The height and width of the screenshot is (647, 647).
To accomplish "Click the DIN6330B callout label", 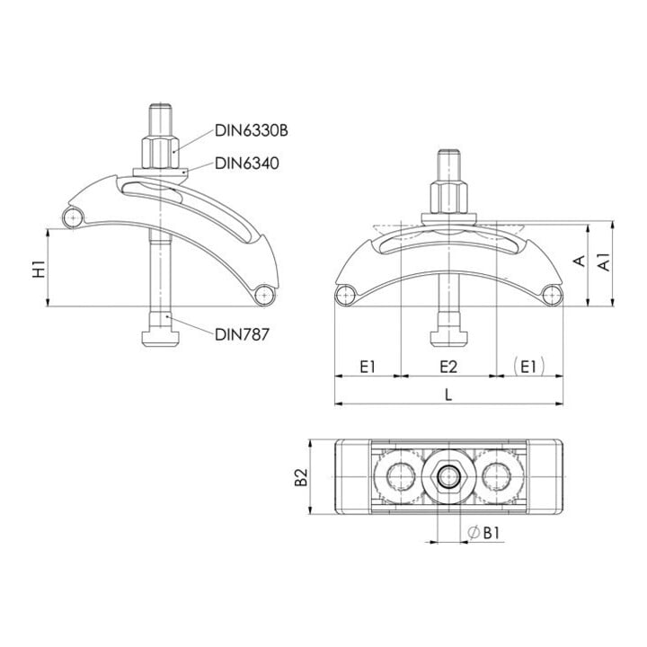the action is click(252, 130).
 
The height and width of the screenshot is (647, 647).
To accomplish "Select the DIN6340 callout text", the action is click(247, 164).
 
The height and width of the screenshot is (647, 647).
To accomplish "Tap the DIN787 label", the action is click(243, 334).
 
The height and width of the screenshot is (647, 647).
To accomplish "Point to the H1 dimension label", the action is click(40, 269).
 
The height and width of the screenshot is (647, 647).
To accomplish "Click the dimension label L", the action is click(448, 394).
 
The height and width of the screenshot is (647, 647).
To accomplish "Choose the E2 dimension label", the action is click(448, 367).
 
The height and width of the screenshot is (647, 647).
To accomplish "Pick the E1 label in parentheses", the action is click(529, 367).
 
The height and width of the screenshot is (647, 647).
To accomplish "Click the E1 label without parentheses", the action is click(368, 367).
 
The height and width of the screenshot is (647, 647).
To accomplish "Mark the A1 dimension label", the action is click(604, 262).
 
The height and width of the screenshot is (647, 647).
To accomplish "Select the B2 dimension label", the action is click(302, 477).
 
